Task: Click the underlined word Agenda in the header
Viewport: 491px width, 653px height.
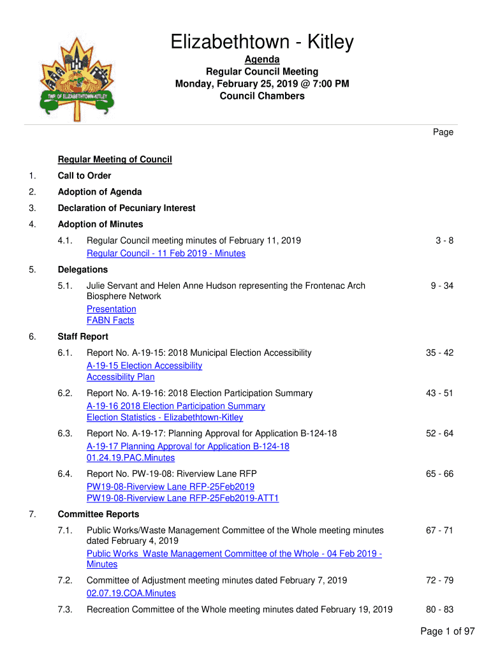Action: pyautogui.click(x=262, y=59)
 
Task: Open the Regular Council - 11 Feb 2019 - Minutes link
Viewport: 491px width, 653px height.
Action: pyautogui.click(x=166, y=253)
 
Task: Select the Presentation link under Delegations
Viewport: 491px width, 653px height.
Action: pyautogui.click(x=111, y=309)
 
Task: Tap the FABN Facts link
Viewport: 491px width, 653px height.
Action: pyautogui.click(x=110, y=321)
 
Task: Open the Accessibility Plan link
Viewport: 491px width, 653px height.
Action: pyautogui.click(x=121, y=377)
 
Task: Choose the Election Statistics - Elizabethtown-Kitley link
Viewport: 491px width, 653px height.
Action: pyautogui.click(x=165, y=418)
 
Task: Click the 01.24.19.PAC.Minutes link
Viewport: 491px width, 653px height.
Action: pyautogui.click(x=130, y=458)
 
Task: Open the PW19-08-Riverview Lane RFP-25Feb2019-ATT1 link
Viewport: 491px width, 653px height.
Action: pyautogui.click(x=182, y=498)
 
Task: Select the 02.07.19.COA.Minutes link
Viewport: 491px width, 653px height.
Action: pyautogui.click(x=131, y=593)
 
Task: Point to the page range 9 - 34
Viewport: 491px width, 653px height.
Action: pyautogui.click(x=441, y=286)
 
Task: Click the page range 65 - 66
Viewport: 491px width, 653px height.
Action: pyautogui.click(x=439, y=474)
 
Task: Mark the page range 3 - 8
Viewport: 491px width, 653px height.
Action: pyautogui.click(x=444, y=240)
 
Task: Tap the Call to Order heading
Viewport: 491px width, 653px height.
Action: pyautogui.click(x=84, y=175)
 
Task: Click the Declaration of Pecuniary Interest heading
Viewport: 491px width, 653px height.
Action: pyautogui.click(x=126, y=208)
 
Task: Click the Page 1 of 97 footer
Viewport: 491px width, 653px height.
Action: pyautogui.click(x=448, y=631)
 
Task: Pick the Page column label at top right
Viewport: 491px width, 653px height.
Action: pyautogui.click(x=443, y=132)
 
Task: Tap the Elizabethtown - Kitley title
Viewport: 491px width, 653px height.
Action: pyautogui.click(x=261, y=42)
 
